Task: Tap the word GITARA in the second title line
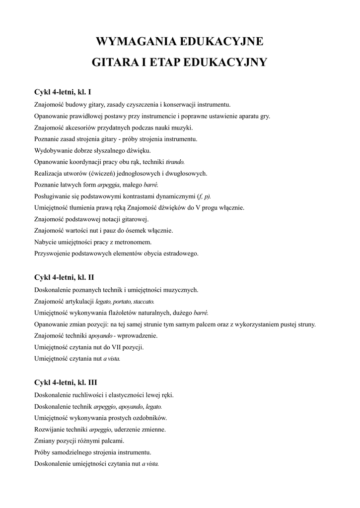click(x=115, y=63)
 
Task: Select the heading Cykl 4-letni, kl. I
click(x=63, y=92)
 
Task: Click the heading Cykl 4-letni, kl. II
click(x=64, y=277)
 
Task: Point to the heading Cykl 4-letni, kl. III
click(x=66, y=382)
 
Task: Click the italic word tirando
click(x=175, y=162)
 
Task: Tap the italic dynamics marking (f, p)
click(x=204, y=196)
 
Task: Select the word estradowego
click(x=179, y=253)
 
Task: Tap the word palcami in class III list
click(x=112, y=441)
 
